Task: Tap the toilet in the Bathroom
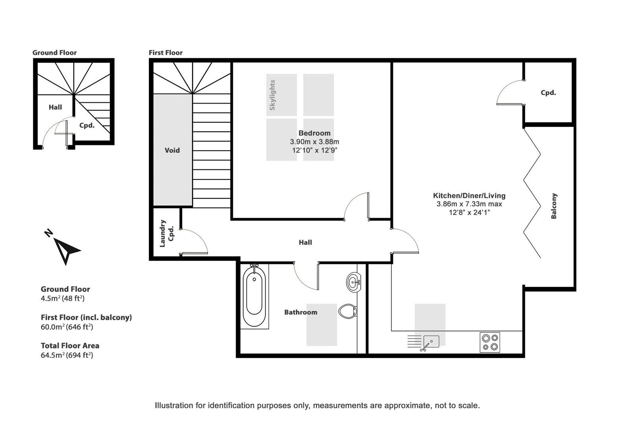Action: [x=348, y=311]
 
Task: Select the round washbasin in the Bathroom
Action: [x=354, y=283]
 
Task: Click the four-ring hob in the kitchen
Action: [x=490, y=342]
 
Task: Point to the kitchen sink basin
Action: [x=431, y=342]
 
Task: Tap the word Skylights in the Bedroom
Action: [x=272, y=95]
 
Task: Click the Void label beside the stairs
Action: [x=172, y=150]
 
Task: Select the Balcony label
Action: [x=554, y=206]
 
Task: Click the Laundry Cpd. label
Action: [x=167, y=233]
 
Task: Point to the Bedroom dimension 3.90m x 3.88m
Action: [x=314, y=142]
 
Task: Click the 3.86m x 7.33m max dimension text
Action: [x=469, y=204]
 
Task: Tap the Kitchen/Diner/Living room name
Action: [x=469, y=195]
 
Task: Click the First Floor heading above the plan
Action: [x=165, y=52]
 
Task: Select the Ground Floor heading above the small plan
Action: [x=54, y=52]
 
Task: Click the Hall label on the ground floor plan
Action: [x=55, y=107]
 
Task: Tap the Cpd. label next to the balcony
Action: [x=548, y=93]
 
